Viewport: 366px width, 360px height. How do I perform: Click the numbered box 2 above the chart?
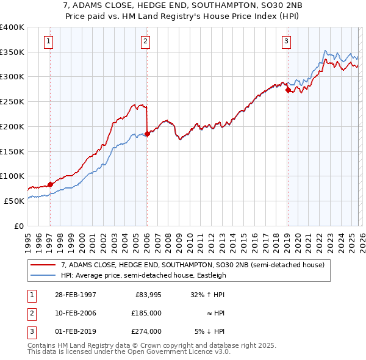point(146,41)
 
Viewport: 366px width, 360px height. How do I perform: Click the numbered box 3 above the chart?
point(286,41)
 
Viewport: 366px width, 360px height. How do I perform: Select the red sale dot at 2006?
point(147,134)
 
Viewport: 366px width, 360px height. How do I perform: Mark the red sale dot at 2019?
point(287,90)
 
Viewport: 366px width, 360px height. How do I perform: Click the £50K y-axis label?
point(14,201)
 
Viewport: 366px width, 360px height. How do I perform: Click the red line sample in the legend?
point(43,265)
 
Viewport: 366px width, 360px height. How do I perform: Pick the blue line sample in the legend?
point(43,275)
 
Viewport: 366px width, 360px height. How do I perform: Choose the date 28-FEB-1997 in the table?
point(75,295)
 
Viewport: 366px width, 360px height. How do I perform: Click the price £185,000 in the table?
point(147,313)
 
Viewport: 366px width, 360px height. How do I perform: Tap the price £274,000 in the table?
point(147,331)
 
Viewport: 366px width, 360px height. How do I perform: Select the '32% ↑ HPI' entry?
point(207,295)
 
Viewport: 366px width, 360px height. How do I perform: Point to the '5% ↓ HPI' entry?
point(209,331)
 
